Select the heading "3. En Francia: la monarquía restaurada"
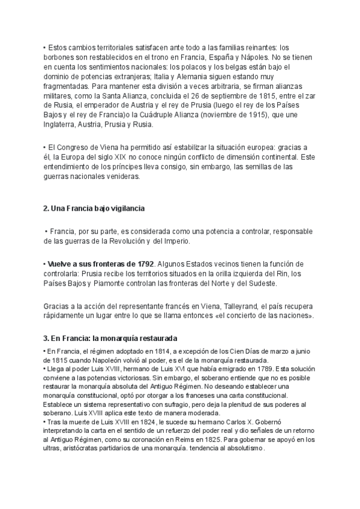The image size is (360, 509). tap(110, 339)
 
